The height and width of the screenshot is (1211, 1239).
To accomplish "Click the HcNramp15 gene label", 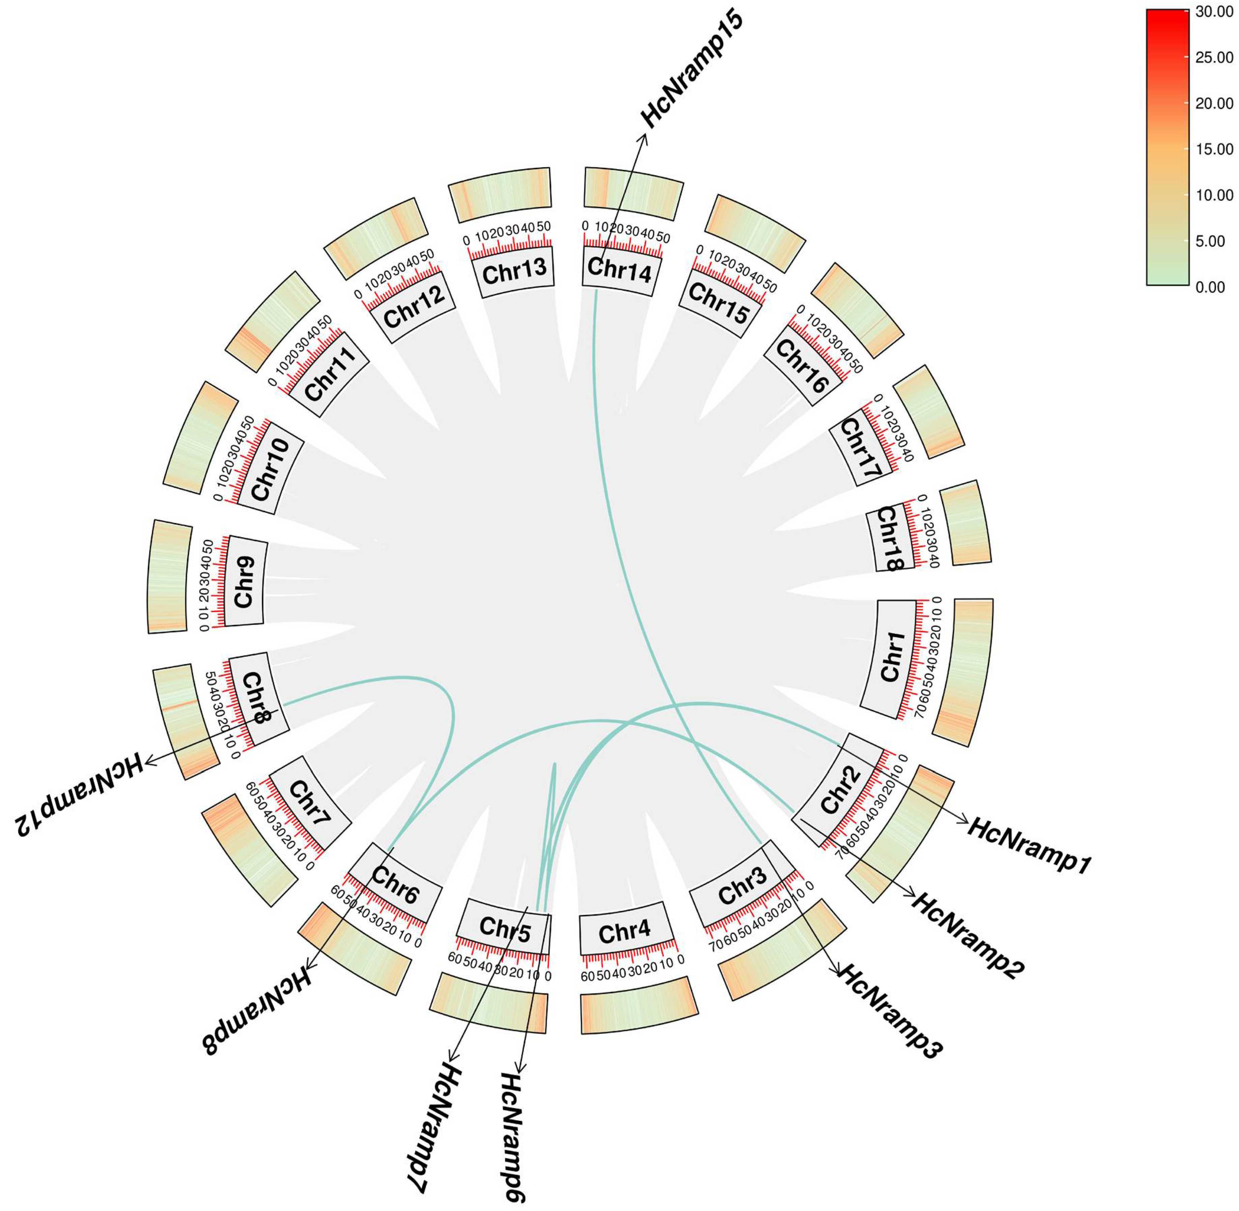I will [691, 69].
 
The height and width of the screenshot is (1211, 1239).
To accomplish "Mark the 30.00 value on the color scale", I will [1214, 12].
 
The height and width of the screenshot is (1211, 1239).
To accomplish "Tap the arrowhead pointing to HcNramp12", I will [150, 761].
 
